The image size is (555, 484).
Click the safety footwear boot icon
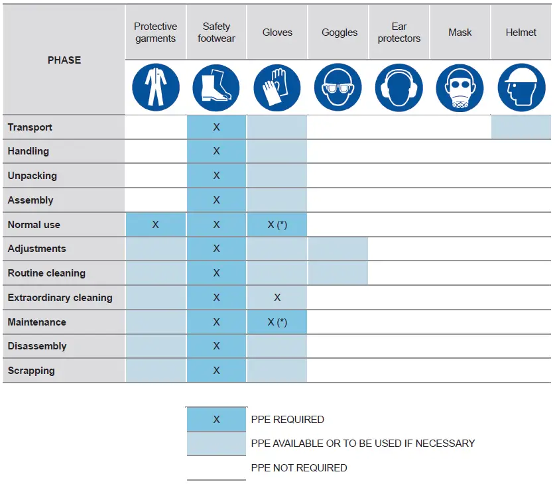[216, 88]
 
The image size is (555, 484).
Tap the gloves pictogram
[277, 88]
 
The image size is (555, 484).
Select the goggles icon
[339, 88]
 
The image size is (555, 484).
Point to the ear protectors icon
[399, 88]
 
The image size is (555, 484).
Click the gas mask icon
[460, 88]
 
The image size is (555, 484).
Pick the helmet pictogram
[521, 88]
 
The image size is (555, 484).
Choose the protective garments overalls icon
[155, 88]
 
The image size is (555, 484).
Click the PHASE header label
[64, 60]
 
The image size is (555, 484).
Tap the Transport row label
[30, 127]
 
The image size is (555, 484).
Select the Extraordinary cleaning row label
[60, 298]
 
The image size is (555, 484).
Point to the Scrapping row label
[31, 371]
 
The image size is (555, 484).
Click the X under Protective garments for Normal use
[155, 225]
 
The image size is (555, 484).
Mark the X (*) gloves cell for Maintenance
[277, 322]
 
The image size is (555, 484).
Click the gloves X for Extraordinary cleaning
[277, 298]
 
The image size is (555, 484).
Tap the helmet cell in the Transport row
[521, 127]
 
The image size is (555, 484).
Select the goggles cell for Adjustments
[338, 249]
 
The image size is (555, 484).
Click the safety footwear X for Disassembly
[216, 346]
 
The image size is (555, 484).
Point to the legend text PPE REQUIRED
[288, 419]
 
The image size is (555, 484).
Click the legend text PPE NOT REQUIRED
[299, 467]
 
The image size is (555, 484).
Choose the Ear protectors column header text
[399, 32]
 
